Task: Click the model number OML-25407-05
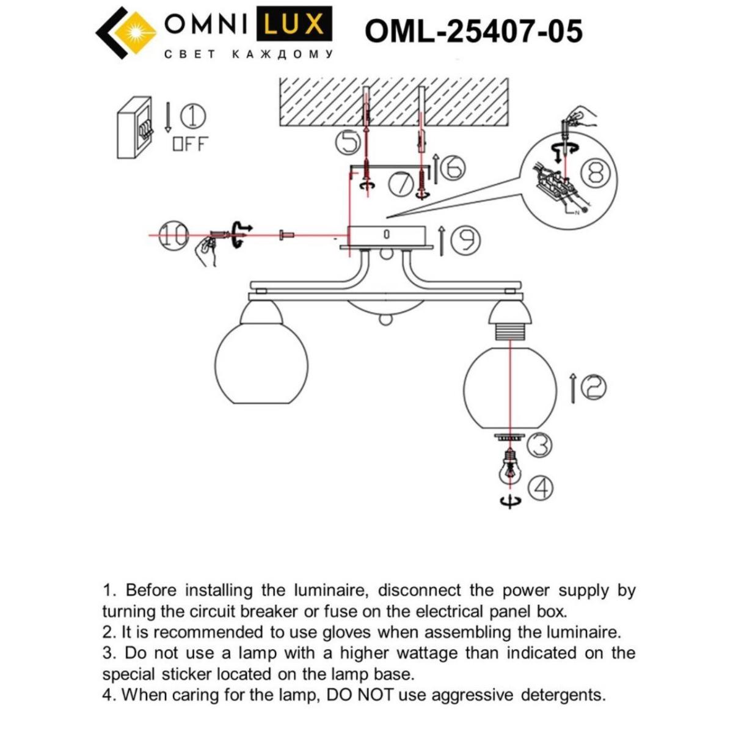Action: [473, 31]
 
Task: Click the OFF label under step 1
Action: [190, 144]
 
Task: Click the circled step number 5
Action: [349, 143]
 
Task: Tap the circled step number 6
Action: [453, 167]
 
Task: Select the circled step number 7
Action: [401, 184]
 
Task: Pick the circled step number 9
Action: [465, 241]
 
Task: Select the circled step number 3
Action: [539, 445]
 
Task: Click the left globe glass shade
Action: [261, 365]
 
